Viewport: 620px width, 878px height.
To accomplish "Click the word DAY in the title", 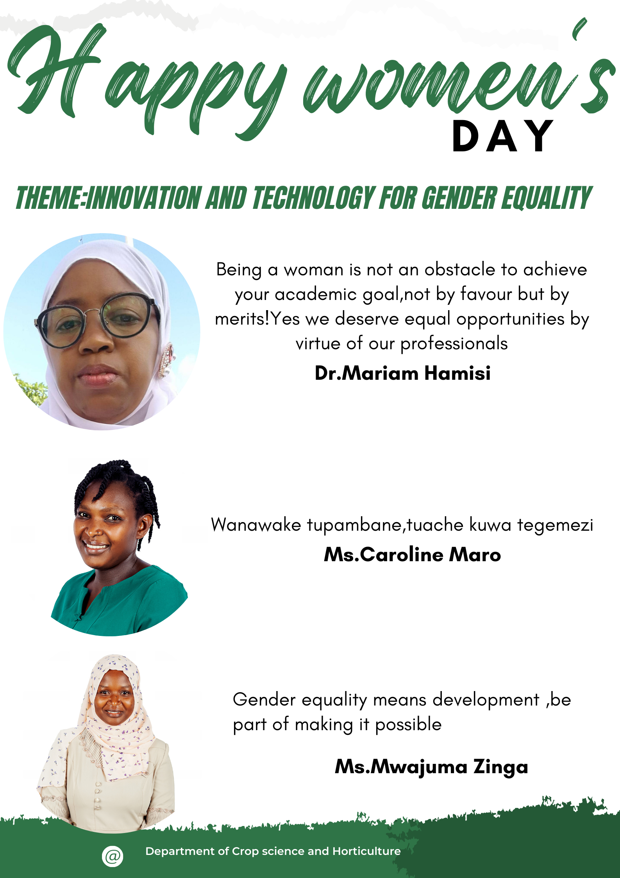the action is (503, 136).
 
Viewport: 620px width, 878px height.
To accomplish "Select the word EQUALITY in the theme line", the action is (547, 198).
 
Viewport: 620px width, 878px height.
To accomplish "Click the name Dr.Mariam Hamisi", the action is (402, 373).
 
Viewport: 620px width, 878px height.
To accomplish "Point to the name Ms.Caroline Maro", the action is (412, 555).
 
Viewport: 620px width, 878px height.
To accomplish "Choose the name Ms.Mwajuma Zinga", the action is (431, 767).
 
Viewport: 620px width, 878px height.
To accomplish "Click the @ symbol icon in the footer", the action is (113, 856).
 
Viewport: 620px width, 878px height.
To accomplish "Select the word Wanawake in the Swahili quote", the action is (256, 525).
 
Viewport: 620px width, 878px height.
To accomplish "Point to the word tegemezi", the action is (555, 525).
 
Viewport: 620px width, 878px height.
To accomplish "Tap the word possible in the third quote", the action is (408, 725).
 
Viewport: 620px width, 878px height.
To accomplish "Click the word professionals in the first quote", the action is (454, 343).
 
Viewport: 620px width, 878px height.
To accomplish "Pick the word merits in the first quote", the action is (240, 319).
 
